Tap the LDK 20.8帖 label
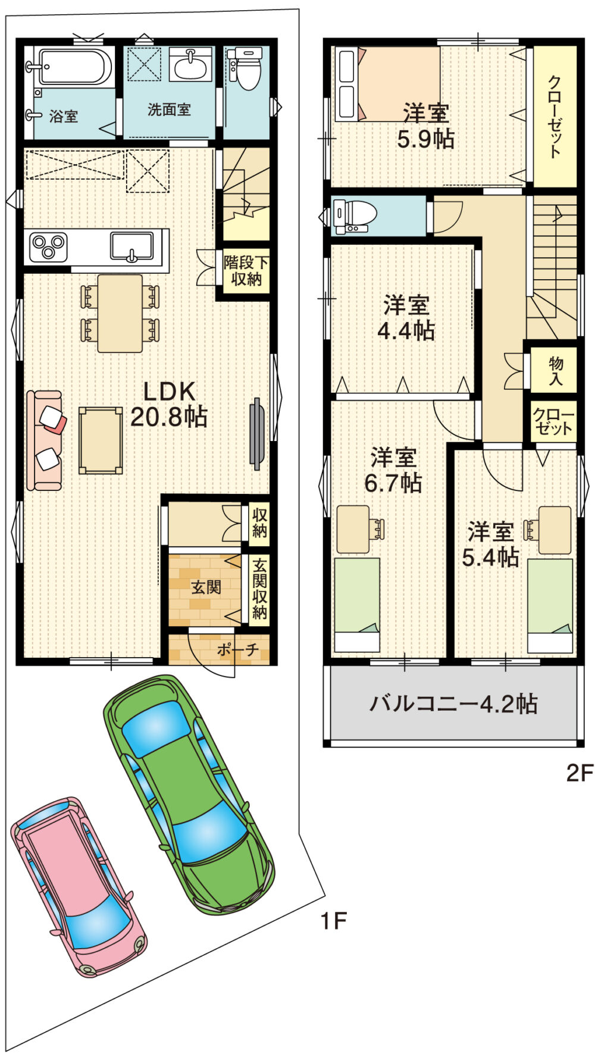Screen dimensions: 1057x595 (169, 405)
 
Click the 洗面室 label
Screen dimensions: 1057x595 (169, 110)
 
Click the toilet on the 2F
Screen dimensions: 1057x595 (357, 216)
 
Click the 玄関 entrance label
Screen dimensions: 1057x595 (206, 588)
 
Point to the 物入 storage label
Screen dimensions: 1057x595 (555, 371)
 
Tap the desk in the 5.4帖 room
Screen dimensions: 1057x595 (555, 530)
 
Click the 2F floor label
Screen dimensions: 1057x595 (578, 773)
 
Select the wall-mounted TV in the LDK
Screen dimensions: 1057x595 (257, 433)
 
